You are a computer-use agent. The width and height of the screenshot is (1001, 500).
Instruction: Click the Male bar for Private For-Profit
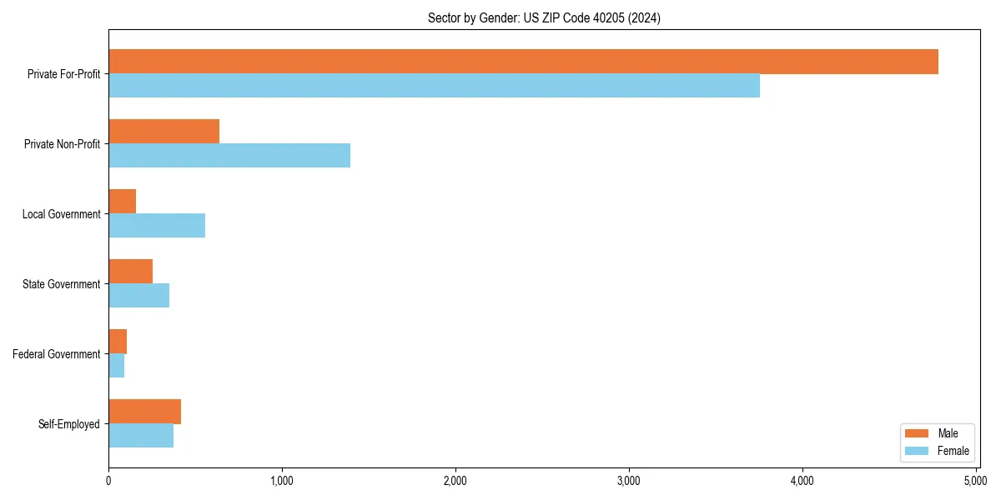point(523,62)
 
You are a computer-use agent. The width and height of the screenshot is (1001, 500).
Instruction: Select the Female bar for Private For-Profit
point(434,86)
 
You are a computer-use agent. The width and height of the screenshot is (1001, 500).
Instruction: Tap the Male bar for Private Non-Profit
point(163,132)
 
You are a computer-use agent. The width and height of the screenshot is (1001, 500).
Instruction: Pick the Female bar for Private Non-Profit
point(229,156)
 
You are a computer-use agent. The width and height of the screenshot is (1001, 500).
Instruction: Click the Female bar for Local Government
point(157,226)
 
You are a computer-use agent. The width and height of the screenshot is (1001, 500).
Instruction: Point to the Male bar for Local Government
point(122,202)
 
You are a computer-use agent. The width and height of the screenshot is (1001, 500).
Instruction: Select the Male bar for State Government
point(130,272)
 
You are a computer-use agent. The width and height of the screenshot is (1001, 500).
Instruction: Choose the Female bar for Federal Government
point(116,366)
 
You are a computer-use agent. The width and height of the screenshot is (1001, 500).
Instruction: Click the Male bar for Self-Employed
point(144,412)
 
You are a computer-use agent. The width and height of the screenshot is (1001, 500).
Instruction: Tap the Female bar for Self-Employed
point(141,436)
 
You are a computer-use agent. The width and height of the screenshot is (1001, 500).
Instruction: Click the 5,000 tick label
point(975,481)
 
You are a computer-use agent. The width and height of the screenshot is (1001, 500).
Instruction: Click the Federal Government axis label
point(57,354)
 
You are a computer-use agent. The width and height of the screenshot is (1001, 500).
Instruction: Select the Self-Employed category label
point(69,424)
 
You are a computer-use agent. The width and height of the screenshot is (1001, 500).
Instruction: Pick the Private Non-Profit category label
point(63,144)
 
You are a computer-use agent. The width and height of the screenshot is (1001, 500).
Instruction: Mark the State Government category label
point(62,284)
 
